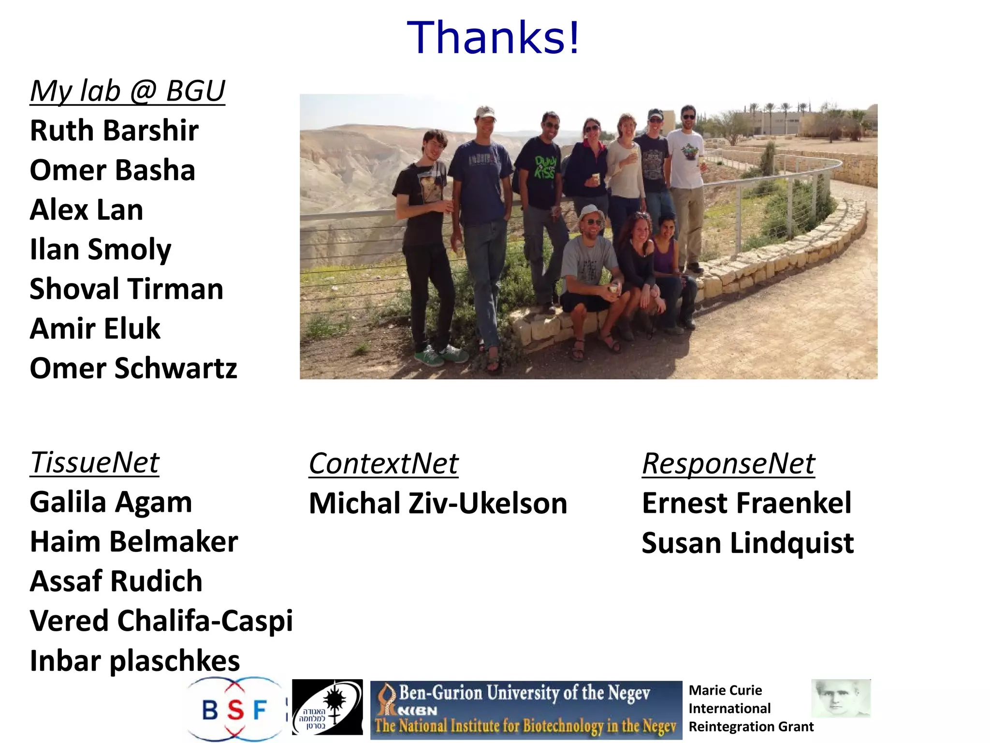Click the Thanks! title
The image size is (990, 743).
click(x=493, y=38)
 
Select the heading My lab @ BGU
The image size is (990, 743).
click(x=128, y=91)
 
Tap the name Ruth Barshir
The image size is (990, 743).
click(x=114, y=131)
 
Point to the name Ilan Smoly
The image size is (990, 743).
click(x=101, y=250)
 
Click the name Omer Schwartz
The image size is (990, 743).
click(x=133, y=369)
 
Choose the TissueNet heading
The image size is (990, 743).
click(x=95, y=462)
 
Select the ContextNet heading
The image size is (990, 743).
click(x=383, y=463)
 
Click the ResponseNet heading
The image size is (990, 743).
click(x=728, y=463)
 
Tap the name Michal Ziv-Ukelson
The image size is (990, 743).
click(x=438, y=503)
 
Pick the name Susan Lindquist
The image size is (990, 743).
click(x=747, y=543)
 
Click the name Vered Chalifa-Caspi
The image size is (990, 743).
click(x=161, y=621)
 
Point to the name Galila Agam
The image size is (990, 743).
click(x=111, y=502)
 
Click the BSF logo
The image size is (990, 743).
click(x=235, y=710)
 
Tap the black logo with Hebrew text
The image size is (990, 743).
click(x=327, y=707)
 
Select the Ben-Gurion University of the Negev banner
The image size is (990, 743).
click(x=526, y=710)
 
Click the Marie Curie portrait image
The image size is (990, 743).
click(x=841, y=698)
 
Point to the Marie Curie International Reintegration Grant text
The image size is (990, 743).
click(x=750, y=709)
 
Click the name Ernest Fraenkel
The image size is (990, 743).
click(x=746, y=503)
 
